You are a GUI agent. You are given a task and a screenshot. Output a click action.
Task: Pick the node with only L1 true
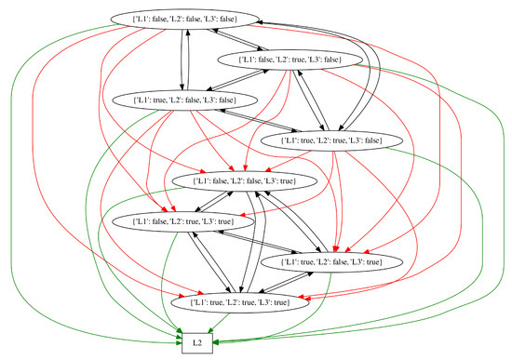point(173,100)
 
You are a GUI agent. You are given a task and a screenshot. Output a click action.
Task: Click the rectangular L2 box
point(195,342)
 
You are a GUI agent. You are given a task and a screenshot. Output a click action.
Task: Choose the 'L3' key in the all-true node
point(267,302)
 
